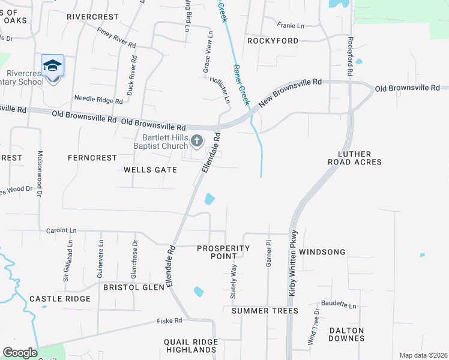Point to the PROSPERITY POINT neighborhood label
tap(223, 252)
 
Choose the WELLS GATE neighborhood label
tap(150, 170)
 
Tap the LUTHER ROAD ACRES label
tap(355, 158)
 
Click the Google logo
tap(20, 353)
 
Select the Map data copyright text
tap(423, 355)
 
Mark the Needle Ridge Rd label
tap(94, 98)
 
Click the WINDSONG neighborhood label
tap(322, 252)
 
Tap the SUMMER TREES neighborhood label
tap(265, 311)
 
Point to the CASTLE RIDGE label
tap(60, 299)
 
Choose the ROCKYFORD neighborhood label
tap(273, 41)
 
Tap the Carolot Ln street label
tap(62, 230)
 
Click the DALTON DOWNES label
tap(346, 334)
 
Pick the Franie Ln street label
tap(291, 25)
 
